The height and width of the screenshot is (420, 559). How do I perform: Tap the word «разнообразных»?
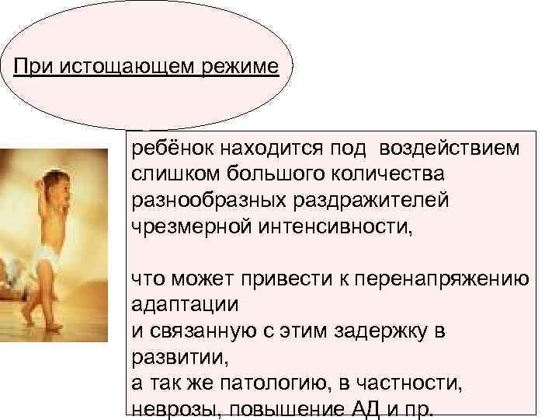pos(198,199)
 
